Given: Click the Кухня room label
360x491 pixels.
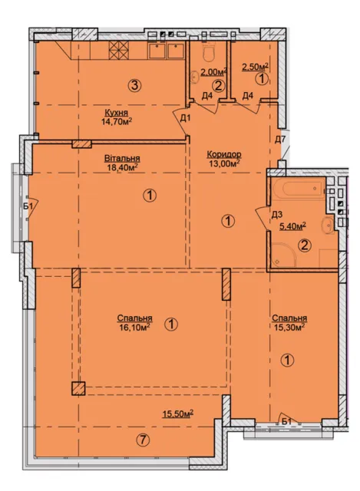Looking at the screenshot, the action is (116, 113).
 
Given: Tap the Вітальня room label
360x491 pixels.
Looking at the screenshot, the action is (122, 159).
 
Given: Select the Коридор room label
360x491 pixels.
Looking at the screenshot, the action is (223, 154).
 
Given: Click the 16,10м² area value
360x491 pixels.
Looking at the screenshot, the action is (134, 327).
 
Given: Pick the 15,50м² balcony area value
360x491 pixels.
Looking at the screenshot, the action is (177, 414).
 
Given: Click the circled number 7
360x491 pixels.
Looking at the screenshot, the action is (143, 440).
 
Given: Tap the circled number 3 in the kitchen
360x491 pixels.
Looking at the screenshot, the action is (135, 85).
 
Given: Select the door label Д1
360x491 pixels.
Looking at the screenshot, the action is (185, 118).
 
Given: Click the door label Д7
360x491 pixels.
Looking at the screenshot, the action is (280, 140).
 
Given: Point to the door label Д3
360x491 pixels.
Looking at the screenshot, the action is (277, 215).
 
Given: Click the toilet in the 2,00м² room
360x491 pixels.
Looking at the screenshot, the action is (208, 52).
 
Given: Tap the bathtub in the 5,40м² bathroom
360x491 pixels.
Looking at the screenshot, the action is (299, 188).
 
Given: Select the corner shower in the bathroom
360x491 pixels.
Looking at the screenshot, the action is (283, 255).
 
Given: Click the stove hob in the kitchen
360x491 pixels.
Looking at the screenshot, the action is (119, 50).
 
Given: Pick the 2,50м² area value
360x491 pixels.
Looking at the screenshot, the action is (256, 67).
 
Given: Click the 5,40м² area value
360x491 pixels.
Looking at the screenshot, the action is (292, 226).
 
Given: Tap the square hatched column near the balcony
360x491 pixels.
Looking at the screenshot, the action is (78, 389).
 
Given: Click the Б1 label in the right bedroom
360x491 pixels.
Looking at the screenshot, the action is (286, 422).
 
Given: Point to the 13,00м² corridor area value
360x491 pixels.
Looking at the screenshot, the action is (223, 163).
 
